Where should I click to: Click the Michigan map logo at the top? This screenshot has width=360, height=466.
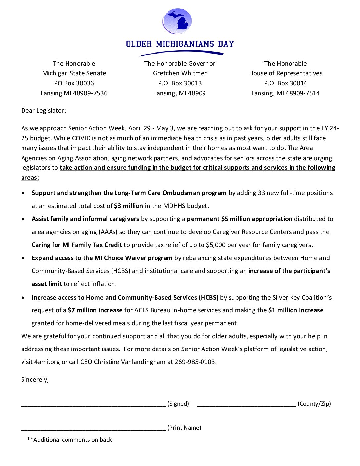click(177, 22)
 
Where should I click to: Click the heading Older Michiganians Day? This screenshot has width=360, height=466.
click(180, 44)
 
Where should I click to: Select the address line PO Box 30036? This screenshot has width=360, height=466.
click(74, 83)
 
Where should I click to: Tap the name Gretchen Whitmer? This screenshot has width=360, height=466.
click(180, 73)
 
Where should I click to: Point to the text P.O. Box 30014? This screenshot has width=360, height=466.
click(285, 83)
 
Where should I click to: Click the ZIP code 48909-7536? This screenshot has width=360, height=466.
click(90, 93)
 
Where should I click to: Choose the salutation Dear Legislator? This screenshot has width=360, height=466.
click(43, 111)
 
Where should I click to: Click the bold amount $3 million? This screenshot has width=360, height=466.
click(128, 206)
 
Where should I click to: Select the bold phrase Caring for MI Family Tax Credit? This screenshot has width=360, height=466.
click(77, 245)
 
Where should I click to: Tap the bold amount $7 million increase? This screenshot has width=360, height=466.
click(95, 310)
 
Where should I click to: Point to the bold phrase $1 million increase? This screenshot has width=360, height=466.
click(296, 310)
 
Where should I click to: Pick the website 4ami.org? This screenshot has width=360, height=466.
click(47, 362)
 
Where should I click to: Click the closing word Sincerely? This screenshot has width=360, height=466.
click(35, 380)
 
